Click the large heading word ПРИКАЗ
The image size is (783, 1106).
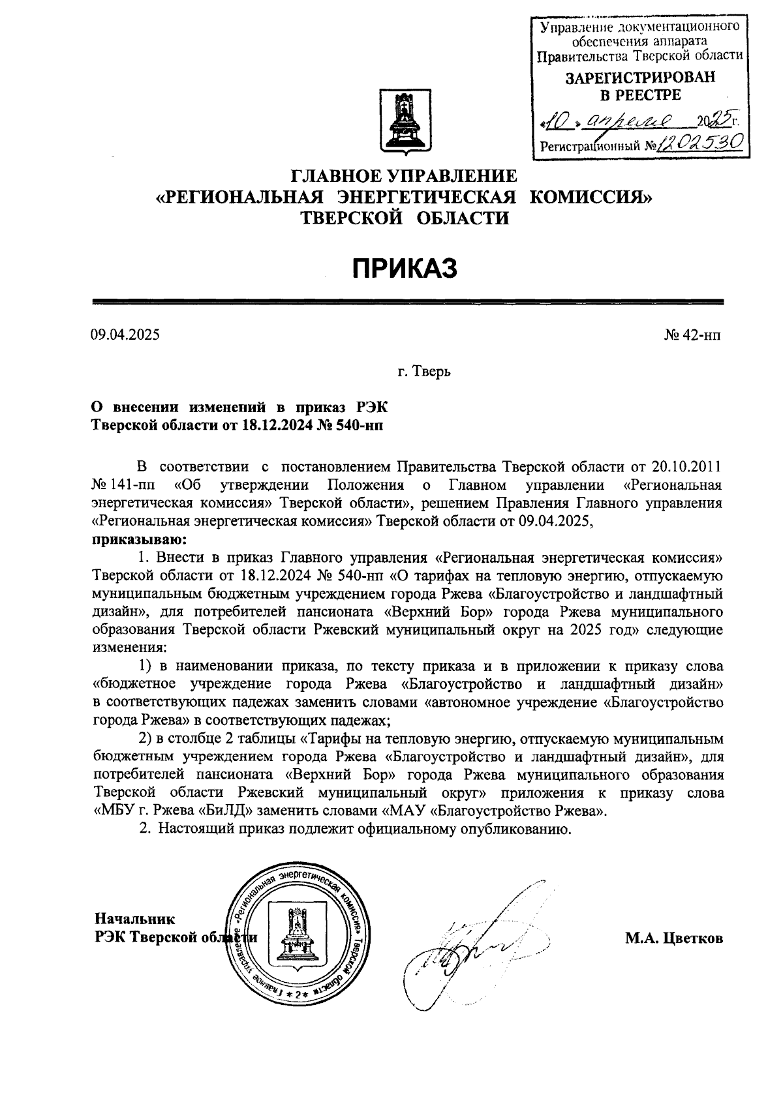[405, 269]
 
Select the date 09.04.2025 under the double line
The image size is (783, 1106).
[125, 335]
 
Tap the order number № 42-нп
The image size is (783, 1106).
[692, 335]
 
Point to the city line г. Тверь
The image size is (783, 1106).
[424, 372]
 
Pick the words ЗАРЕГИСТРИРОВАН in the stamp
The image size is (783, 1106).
[639, 78]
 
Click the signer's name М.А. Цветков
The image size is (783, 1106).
[674, 938]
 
